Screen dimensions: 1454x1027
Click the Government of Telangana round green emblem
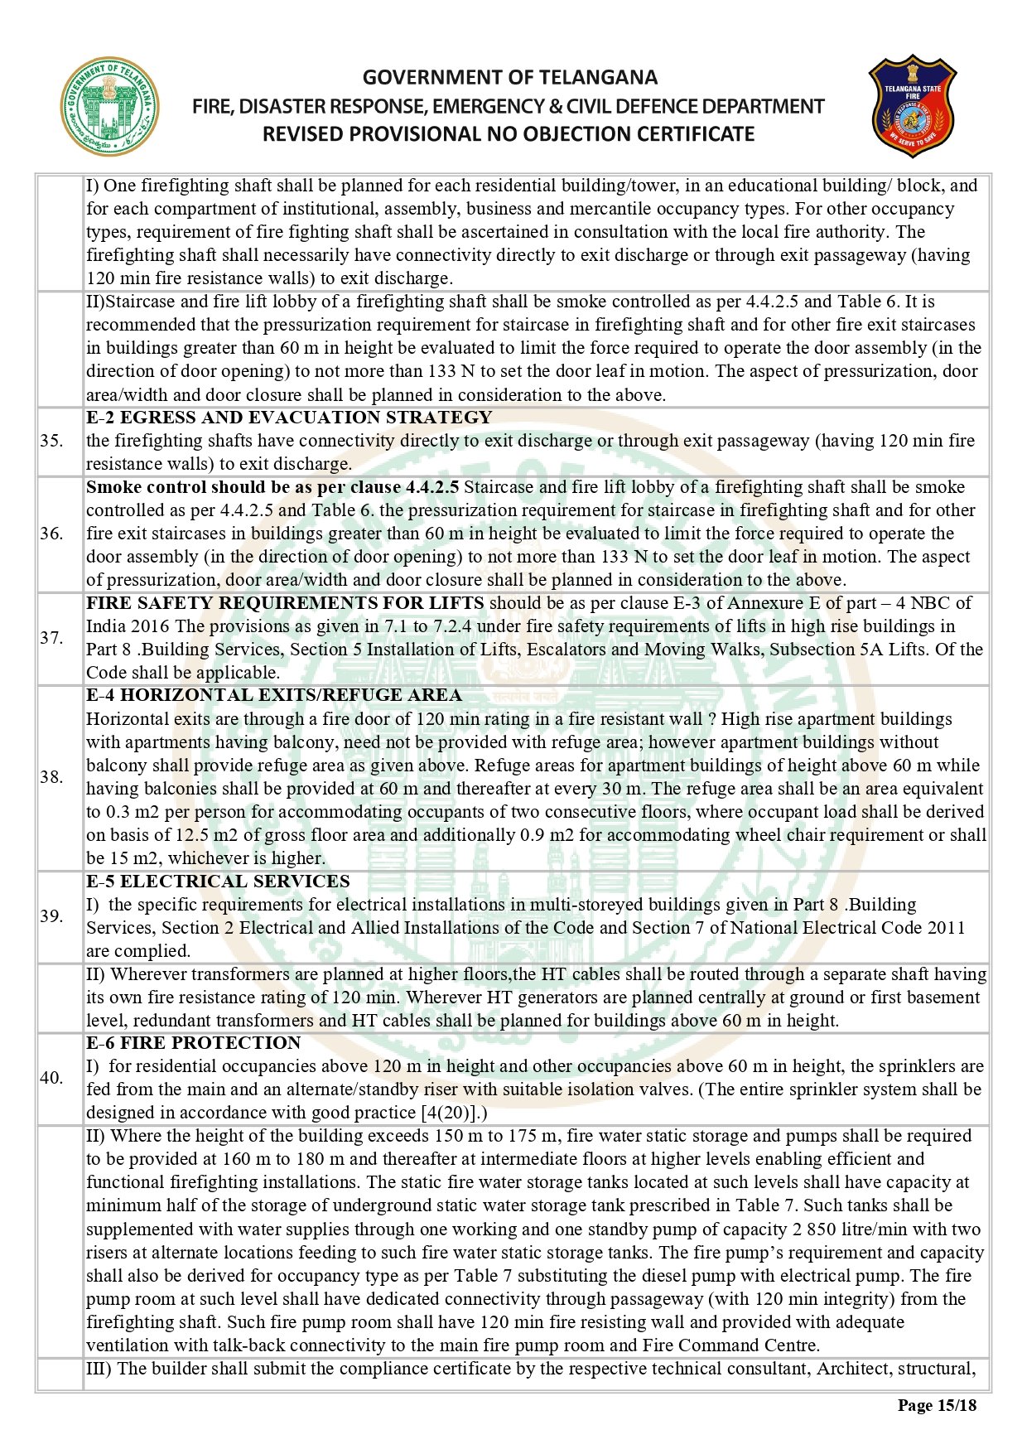[x=108, y=107]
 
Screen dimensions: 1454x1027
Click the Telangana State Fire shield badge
[x=912, y=107]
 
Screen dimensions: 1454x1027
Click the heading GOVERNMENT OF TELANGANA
[x=509, y=78]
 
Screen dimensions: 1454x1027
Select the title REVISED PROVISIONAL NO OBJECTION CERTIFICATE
[x=509, y=134]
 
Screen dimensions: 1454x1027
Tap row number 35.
[x=51, y=441]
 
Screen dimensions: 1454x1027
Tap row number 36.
[x=51, y=534]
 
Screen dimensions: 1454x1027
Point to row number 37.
[x=51, y=638]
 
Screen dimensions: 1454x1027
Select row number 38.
[x=51, y=777]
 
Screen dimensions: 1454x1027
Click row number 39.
[x=51, y=916]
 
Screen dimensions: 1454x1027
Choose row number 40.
[x=51, y=1078]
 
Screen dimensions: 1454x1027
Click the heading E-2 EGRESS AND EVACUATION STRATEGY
[x=289, y=418]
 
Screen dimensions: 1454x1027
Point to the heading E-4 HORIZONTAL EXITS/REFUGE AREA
[x=274, y=695]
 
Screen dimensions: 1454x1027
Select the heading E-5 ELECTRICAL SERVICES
[x=218, y=882]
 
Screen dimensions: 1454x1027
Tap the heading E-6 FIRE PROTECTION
[x=194, y=1043]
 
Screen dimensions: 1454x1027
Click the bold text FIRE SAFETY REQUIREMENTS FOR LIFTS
[x=285, y=603]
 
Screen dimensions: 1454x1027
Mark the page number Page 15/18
[x=937, y=1405]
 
